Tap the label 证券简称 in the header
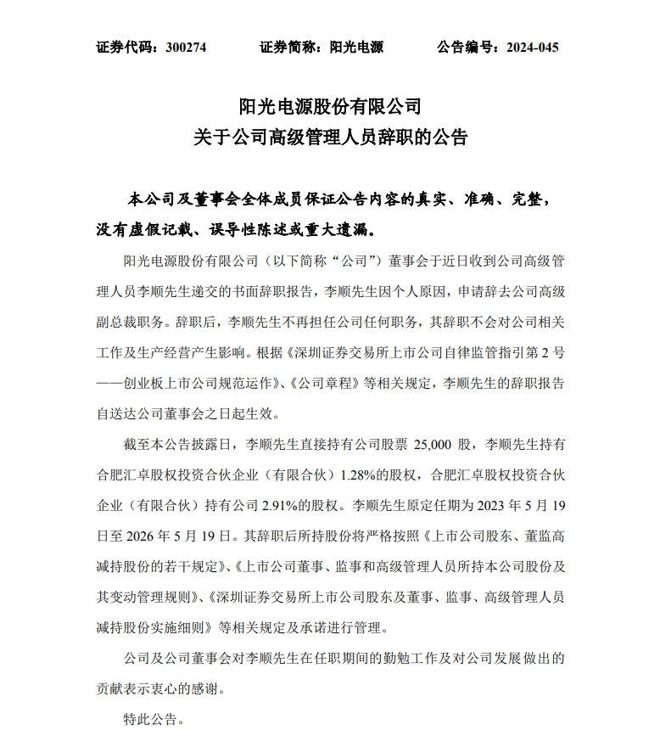pyautogui.click(x=288, y=48)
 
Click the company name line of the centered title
pyautogui.click(x=330, y=106)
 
